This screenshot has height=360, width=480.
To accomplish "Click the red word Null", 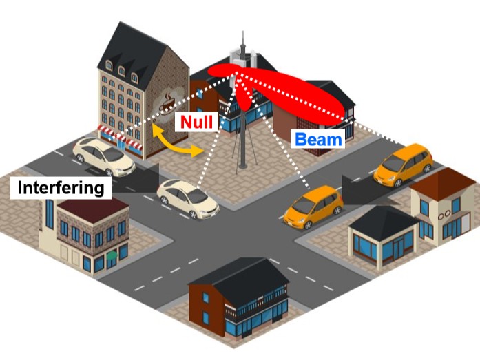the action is click(x=196, y=122).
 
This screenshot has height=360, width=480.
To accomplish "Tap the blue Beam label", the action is click(x=318, y=139).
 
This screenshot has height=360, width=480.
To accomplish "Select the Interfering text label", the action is click(x=61, y=187).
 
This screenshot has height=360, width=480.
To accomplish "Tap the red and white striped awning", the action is click(x=120, y=137).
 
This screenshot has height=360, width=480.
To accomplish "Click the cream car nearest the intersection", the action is click(x=187, y=198).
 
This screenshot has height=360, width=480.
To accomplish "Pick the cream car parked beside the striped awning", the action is click(x=103, y=156).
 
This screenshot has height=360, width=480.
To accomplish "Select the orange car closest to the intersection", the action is click(x=313, y=207).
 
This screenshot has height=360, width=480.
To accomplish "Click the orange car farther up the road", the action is click(x=403, y=165).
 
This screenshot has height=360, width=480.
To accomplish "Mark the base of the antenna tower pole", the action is click(x=243, y=167).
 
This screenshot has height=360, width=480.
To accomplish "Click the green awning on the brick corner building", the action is click(x=112, y=255).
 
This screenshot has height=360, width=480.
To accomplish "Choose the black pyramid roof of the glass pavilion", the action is click(x=384, y=222).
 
